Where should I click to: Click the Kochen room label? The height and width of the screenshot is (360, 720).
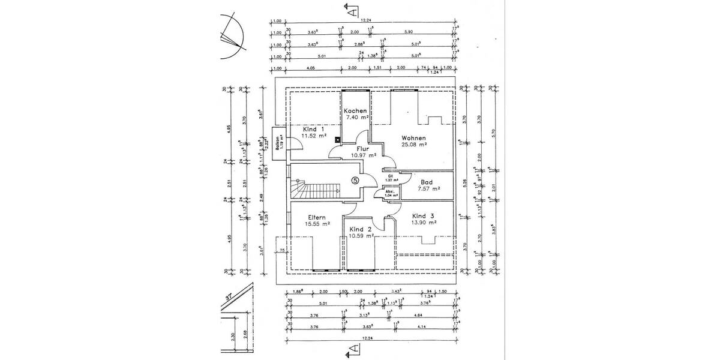point(356,112)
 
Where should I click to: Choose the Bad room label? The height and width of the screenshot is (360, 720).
point(427,182)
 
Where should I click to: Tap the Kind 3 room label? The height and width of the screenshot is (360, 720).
point(424,215)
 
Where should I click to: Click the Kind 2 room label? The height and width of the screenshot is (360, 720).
point(361,229)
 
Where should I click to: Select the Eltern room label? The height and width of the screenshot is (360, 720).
point(317,217)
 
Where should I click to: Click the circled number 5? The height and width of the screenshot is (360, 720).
point(355,179)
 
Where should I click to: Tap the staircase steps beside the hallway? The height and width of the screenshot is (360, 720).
point(312,191)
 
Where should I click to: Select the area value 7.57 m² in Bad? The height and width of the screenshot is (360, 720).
point(429,188)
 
